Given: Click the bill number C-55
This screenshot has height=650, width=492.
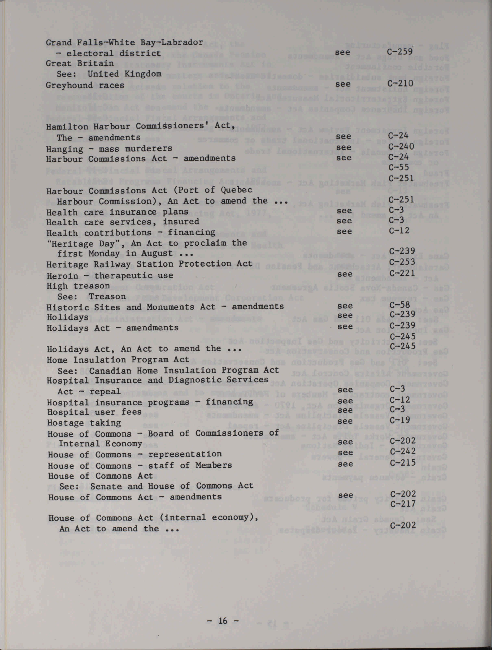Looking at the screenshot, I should point(399,167).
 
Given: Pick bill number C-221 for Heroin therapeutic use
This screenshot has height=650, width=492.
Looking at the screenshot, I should point(402,273).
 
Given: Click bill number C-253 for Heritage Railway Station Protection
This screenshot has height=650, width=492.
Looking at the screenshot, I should point(402,262).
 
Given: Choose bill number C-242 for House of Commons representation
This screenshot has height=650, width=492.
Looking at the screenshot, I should point(403,451).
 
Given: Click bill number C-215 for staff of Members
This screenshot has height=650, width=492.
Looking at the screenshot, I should point(403,463).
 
